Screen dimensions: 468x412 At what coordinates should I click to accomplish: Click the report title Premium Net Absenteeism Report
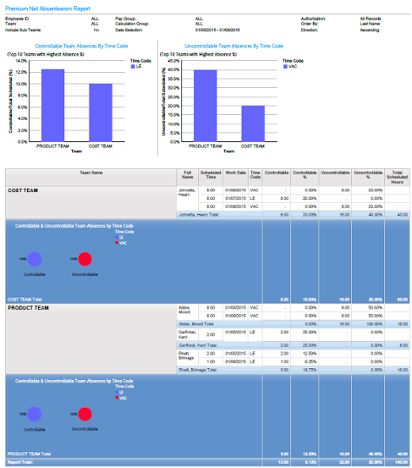coord(48,7)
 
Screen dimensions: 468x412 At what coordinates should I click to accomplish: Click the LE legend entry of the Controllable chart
coord(137,66)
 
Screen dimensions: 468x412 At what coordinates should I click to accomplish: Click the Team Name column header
coord(91,173)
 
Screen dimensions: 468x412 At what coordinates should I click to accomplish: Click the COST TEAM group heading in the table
coord(27,190)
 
